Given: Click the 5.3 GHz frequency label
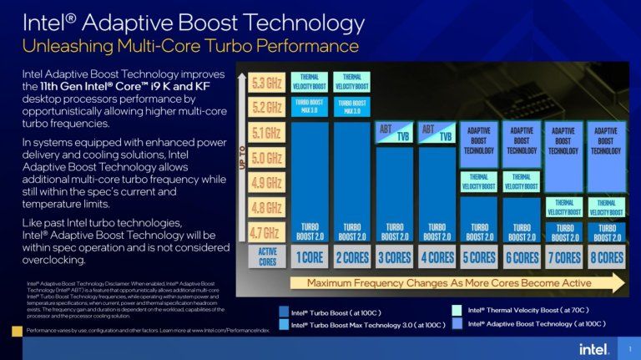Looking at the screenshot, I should pyautogui.click(x=267, y=82).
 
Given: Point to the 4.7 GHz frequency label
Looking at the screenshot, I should pyautogui.click(x=267, y=232).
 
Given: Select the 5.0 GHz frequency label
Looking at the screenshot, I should pyautogui.click(x=267, y=157).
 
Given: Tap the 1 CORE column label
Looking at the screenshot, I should pyautogui.click(x=310, y=257).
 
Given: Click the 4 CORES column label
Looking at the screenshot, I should pyautogui.click(x=437, y=257).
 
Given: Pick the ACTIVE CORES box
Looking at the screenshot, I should pyautogui.click(x=267, y=256).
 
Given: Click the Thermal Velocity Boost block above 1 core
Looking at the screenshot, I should pyautogui.click(x=310, y=82).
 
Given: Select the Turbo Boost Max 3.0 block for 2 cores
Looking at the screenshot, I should pyautogui.click(x=352, y=107).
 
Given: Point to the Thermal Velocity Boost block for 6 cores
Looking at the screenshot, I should pyautogui.click(x=522, y=181).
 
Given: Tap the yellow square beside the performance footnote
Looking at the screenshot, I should pyautogui.click(x=17, y=331).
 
